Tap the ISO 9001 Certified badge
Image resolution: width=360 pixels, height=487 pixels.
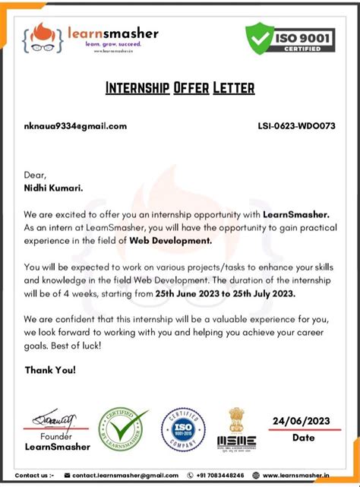click(x=292, y=37)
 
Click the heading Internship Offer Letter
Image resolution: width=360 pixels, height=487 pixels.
click(x=179, y=87)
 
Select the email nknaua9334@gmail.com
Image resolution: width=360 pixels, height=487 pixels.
click(x=75, y=126)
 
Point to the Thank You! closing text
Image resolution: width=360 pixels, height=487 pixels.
click(x=50, y=370)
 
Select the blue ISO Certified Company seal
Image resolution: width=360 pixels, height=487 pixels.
click(x=183, y=430)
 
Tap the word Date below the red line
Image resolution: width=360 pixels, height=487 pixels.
click(x=303, y=438)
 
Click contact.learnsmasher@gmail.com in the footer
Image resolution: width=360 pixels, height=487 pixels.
click(x=125, y=475)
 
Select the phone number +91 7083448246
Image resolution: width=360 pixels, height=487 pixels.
click(x=220, y=475)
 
